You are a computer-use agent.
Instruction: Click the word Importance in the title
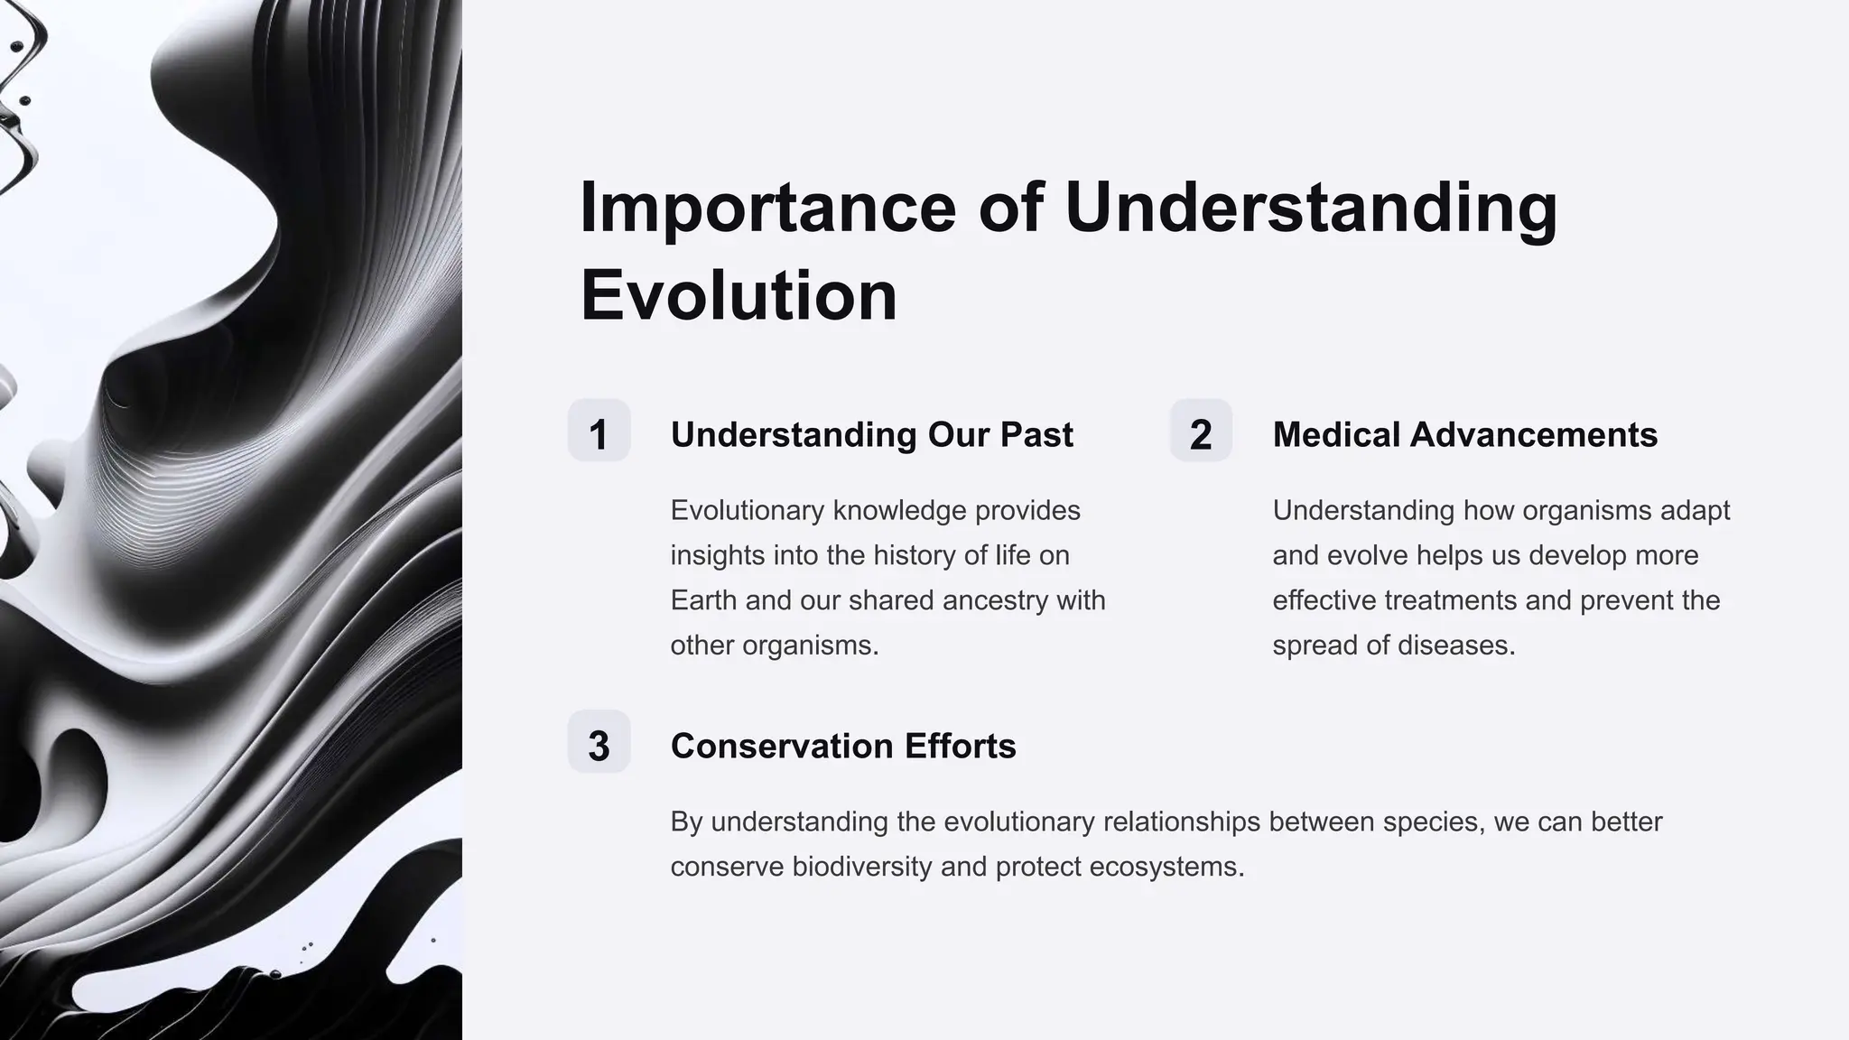point(767,209)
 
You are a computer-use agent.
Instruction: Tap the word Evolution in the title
point(739,296)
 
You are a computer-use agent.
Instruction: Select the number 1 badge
point(599,432)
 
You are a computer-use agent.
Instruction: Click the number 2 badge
point(1201,432)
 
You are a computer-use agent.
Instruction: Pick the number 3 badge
point(599,743)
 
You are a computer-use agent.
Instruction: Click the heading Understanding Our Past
point(871,435)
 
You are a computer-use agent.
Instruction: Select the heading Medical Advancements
point(1464,435)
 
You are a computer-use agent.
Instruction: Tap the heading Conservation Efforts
point(843,747)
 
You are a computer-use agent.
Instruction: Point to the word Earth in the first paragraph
point(703,600)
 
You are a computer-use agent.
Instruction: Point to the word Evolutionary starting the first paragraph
point(748,511)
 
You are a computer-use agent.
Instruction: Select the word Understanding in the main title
point(1311,209)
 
